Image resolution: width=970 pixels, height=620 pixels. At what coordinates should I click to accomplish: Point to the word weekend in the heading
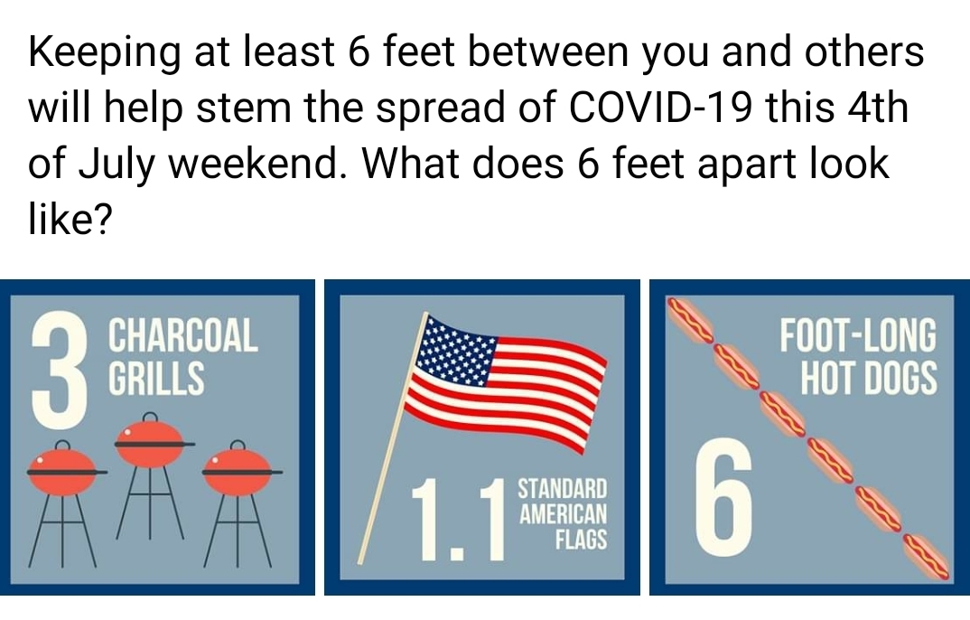coord(250,163)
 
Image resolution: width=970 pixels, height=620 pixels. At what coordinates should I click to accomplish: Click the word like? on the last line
coord(70,219)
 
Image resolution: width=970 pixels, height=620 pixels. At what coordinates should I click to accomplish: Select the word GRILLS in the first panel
coord(156,378)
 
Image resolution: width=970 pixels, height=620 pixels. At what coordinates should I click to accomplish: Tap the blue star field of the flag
coord(456,350)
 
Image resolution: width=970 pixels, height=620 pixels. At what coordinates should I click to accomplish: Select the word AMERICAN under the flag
coord(563,513)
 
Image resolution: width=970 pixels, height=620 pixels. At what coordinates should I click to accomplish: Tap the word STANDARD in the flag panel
coord(563,488)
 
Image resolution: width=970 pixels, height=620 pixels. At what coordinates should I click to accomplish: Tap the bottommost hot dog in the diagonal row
coord(926,556)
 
